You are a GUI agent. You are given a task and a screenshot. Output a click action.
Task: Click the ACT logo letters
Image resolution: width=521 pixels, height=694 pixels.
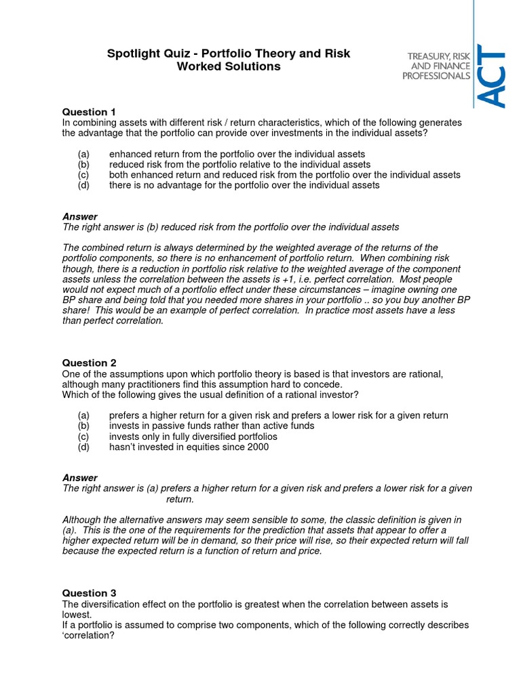point(492,76)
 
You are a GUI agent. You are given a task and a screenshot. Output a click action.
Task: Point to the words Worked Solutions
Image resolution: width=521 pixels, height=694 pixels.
point(228,66)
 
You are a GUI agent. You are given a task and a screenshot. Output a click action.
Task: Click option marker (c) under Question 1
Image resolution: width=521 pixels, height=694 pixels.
point(83,175)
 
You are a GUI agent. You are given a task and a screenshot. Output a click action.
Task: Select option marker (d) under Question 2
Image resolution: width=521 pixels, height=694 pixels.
point(83,447)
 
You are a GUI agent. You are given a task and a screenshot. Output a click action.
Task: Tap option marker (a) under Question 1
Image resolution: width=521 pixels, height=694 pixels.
point(83,155)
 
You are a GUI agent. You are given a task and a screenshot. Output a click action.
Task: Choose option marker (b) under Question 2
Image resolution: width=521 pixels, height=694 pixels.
point(83,426)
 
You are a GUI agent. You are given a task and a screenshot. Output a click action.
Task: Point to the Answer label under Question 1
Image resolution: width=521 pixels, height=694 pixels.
point(80,217)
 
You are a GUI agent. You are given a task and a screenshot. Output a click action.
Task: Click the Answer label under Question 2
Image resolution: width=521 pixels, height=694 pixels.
point(80,478)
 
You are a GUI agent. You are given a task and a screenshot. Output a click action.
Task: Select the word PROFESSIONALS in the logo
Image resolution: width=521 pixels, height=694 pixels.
point(436,76)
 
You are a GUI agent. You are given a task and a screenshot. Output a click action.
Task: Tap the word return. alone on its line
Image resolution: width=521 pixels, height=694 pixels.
point(180,499)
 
